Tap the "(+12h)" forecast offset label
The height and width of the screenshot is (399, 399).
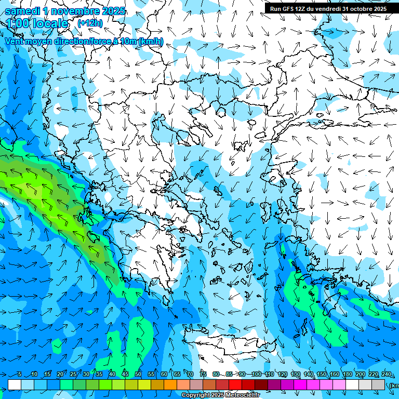90,23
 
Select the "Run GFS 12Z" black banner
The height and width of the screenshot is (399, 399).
328,9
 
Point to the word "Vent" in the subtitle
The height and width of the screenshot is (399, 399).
15,41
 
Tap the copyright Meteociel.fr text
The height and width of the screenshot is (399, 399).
221,395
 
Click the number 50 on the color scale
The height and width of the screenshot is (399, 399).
138,375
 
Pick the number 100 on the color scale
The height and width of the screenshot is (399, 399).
256,375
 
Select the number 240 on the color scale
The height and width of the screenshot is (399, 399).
387,375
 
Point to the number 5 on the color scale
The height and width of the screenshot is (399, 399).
20,375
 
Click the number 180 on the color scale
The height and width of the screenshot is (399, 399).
347,375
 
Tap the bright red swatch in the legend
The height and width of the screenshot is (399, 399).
235,384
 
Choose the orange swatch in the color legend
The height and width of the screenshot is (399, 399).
170,384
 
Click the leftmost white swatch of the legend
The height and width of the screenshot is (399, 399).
15,384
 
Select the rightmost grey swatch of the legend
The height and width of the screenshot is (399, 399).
378,384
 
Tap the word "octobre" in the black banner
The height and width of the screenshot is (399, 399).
361,9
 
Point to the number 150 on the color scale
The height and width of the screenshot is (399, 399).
321,375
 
